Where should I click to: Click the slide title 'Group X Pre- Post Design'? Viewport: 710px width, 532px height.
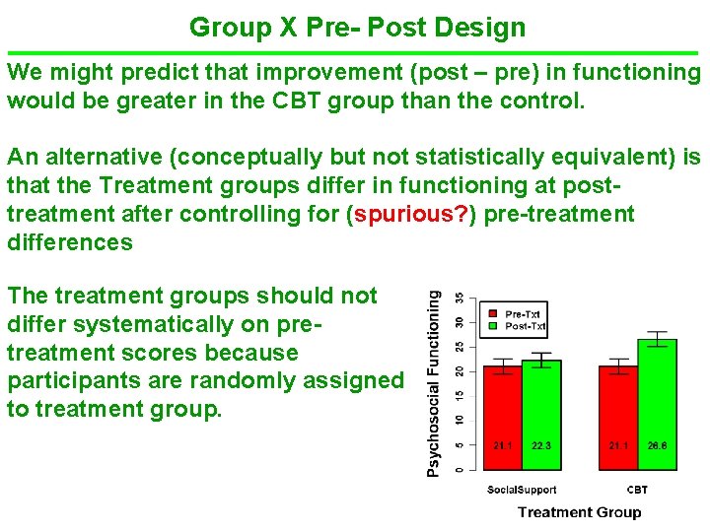click(357, 27)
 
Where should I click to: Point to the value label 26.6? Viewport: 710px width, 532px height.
click(657, 446)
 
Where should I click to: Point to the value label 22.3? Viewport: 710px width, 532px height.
click(541, 446)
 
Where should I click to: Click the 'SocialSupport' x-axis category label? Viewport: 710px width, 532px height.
click(522, 490)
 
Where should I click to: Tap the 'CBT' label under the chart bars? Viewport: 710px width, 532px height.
click(637, 490)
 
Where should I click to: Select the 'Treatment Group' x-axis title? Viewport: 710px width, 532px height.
click(579, 511)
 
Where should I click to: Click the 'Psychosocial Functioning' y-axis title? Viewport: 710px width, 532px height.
click(434, 382)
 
